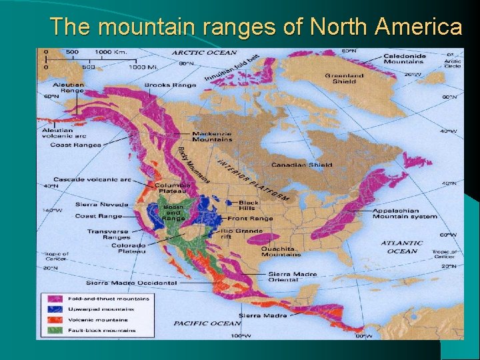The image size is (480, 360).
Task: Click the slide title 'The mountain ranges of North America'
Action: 256,27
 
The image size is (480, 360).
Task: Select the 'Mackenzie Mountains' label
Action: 212,137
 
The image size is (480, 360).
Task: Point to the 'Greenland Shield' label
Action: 344,79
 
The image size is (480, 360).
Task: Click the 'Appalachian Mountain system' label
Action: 405,213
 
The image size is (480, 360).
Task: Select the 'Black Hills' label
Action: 249,205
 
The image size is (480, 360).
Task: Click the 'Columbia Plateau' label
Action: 173,189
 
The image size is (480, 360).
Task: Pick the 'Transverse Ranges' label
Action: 107,234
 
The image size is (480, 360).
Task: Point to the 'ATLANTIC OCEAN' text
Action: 401,247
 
